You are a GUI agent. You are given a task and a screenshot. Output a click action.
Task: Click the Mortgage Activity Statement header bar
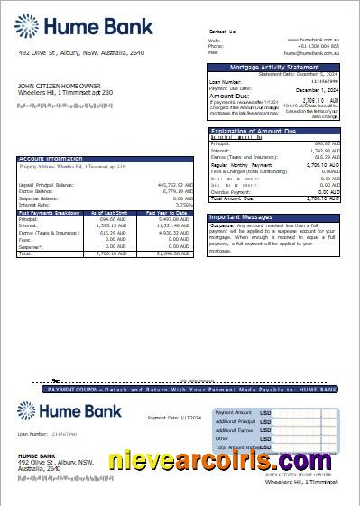(x=274, y=67)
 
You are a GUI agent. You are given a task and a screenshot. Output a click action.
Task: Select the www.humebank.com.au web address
(x=313, y=40)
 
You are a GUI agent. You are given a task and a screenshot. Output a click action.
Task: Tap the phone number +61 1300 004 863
(x=319, y=46)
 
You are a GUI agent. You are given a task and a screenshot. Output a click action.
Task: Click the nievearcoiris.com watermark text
(x=228, y=462)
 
